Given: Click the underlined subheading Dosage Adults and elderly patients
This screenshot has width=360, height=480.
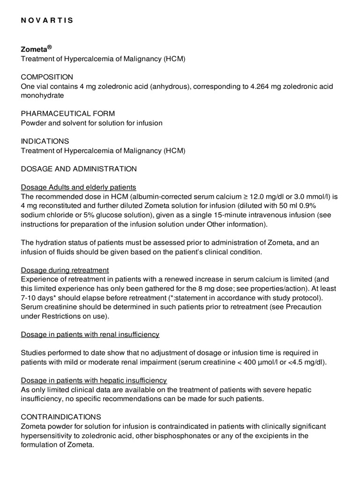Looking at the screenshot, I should [x=78, y=187].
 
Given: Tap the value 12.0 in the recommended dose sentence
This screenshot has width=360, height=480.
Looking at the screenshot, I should [x=262, y=196].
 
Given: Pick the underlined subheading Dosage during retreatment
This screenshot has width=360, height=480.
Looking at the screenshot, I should [x=65, y=270].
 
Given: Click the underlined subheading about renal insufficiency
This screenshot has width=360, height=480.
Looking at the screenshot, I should [x=90, y=334].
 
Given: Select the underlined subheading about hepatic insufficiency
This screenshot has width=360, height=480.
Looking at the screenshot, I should [x=94, y=380].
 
